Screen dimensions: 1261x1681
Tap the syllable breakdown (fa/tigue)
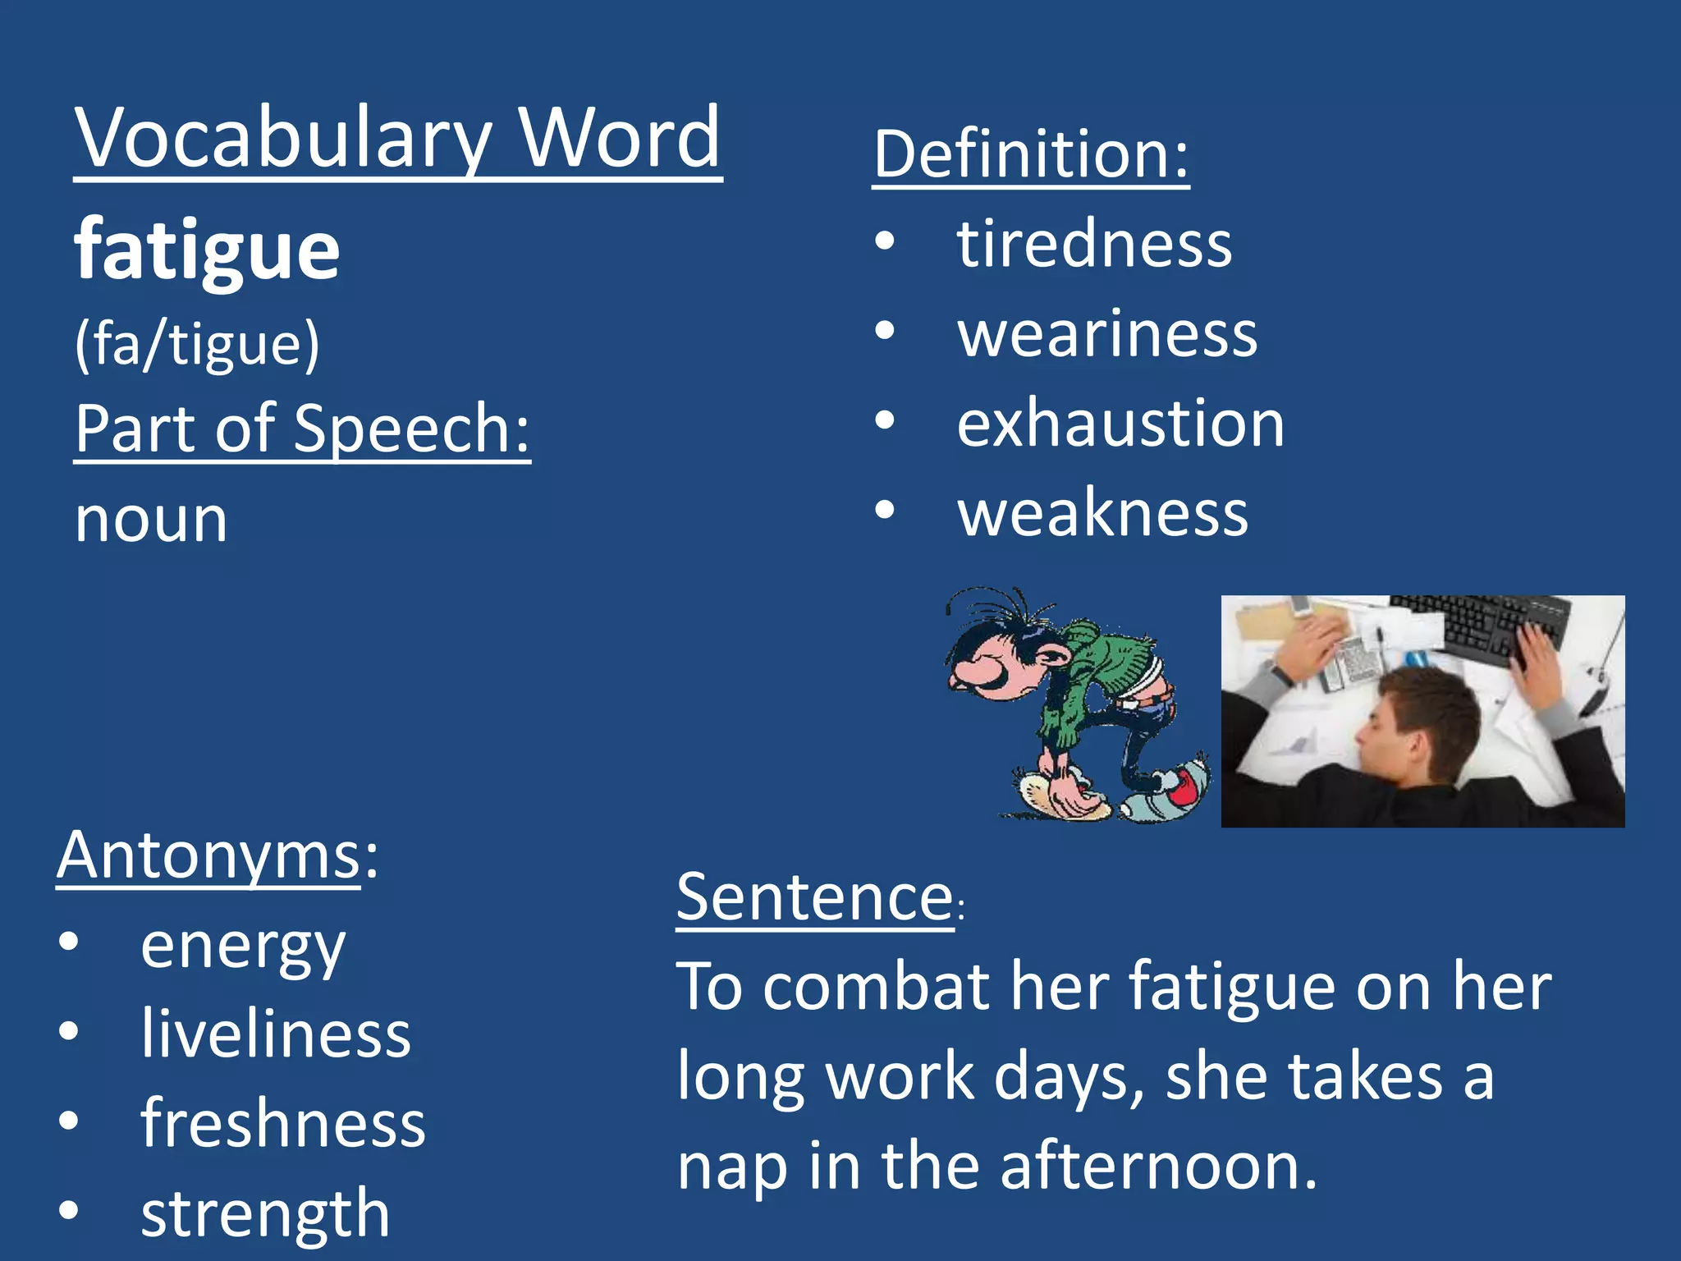point(197,344)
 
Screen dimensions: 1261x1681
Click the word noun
point(151,520)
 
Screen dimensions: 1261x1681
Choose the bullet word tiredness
point(1094,244)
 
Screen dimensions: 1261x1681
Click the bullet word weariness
point(1107,334)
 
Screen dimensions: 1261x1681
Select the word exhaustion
point(1120,424)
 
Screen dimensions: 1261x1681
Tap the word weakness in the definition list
point(1103,513)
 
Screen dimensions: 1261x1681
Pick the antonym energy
point(243,946)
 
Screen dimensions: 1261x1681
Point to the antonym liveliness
point(276,1034)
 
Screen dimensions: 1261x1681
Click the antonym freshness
point(283,1124)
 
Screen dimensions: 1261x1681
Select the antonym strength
point(265,1213)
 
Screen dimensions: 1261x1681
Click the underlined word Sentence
point(815,897)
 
